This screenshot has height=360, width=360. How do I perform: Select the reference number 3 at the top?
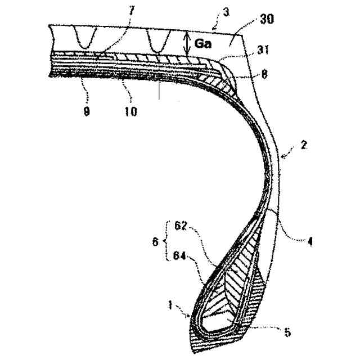226,11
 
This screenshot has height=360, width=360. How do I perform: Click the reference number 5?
287,332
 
